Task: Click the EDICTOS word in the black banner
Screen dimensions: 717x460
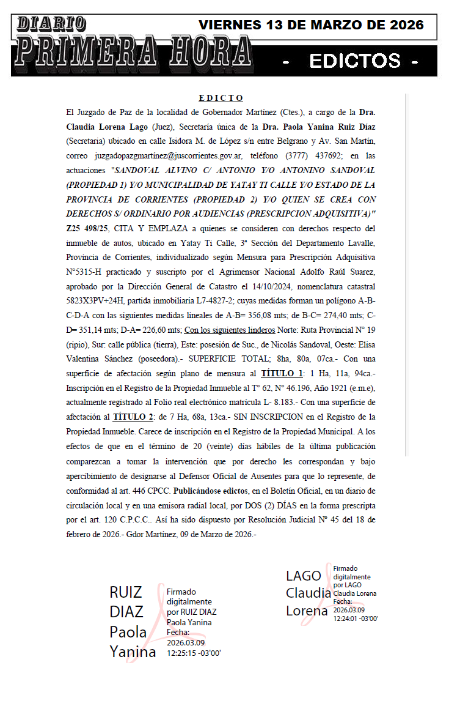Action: click(355, 61)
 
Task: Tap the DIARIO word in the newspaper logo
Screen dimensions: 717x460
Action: click(51, 23)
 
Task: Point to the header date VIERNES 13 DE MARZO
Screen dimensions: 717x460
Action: click(311, 25)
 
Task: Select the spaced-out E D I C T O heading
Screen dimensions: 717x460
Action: click(221, 98)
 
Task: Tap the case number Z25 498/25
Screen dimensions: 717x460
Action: click(87, 228)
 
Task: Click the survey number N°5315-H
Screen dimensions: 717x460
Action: click(89, 272)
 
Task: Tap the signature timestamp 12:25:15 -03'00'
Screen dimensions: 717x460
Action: click(194, 653)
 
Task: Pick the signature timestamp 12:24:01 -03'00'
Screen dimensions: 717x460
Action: click(356, 619)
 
